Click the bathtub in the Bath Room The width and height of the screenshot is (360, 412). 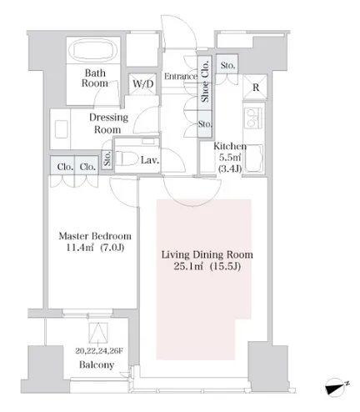93,50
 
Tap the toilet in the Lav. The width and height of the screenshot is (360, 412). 126,158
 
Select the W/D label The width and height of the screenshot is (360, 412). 142,83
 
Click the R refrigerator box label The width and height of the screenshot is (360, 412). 256,88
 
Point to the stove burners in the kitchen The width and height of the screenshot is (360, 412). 253,118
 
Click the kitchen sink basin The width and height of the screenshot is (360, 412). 253,158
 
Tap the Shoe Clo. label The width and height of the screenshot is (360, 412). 205,81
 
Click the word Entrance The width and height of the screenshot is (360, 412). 181,76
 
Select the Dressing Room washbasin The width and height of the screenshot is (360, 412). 61,129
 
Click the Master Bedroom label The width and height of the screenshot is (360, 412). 95,236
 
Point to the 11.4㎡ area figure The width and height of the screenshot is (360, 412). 80,247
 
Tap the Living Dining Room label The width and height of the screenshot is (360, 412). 207,254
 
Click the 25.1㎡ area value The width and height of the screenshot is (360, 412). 189,266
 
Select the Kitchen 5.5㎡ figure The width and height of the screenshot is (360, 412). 229,158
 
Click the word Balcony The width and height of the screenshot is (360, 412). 97,364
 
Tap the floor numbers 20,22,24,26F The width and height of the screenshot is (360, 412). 99,351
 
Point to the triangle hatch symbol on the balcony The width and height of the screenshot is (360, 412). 98,333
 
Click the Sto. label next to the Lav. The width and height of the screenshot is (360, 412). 107,159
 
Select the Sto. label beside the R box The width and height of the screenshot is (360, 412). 227,66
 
